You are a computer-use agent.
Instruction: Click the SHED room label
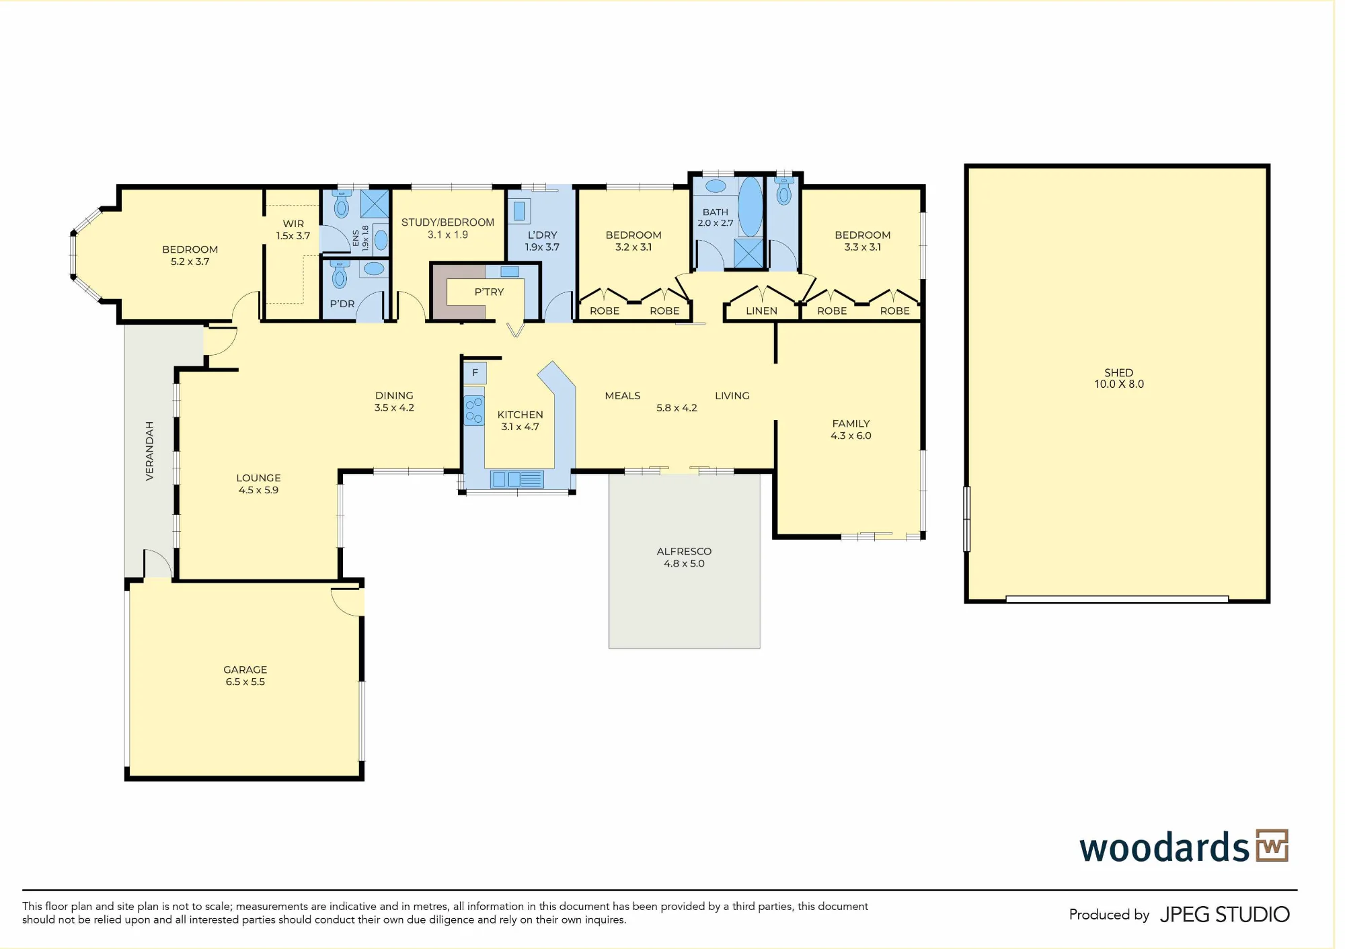click(1118, 372)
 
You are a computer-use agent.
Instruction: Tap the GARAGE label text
click(245, 669)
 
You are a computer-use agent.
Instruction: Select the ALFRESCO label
click(684, 551)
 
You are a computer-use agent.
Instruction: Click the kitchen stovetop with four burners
click(474, 411)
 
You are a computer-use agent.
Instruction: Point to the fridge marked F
click(475, 372)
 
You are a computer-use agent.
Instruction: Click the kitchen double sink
click(517, 479)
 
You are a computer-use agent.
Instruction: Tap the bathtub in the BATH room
click(751, 206)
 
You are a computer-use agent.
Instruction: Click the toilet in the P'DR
click(340, 274)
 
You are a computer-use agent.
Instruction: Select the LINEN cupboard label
click(761, 311)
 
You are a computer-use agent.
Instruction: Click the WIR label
click(293, 224)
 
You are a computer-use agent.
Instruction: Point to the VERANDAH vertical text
click(149, 451)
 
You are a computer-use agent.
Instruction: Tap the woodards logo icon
click(1272, 845)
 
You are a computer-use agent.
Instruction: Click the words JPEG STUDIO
click(1225, 915)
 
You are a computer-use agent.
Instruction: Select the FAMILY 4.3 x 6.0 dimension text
click(851, 436)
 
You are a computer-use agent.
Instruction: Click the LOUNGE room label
click(258, 478)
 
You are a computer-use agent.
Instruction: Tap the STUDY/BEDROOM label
click(448, 222)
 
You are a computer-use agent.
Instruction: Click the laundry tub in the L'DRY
click(519, 211)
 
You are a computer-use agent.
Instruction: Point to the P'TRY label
click(489, 292)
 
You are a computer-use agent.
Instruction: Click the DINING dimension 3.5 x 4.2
click(394, 407)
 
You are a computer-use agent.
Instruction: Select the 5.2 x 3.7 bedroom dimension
click(190, 261)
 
